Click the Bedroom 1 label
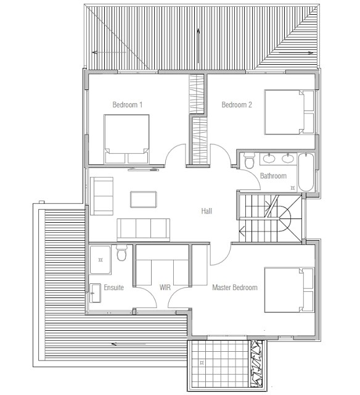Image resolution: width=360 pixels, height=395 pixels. point(128,105)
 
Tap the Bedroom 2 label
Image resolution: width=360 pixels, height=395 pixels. point(237,105)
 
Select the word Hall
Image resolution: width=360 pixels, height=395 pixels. point(207,212)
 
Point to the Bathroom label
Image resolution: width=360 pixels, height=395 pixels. point(273,177)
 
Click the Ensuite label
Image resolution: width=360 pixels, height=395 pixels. point(114,288)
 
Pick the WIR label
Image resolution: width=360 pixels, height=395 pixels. point(165,288)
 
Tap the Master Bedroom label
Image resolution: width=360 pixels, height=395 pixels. point(235,288)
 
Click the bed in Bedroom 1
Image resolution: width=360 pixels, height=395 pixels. point(127,138)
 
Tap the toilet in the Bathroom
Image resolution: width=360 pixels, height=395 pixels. point(249,162)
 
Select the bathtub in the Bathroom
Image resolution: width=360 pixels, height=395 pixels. point(306,173)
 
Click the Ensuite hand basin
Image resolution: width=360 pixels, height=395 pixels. point(96,292)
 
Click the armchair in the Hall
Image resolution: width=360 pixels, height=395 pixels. point(102,196)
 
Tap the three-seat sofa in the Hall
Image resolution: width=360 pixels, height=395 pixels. point(144,229)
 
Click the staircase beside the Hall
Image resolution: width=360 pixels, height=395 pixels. point(269,218)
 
